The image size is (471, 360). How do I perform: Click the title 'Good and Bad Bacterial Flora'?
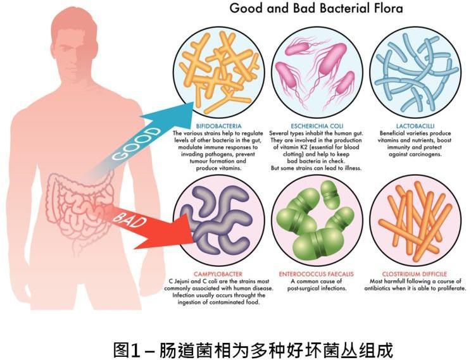[315, 9]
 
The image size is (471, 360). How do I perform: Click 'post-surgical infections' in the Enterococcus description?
[317, 289]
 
